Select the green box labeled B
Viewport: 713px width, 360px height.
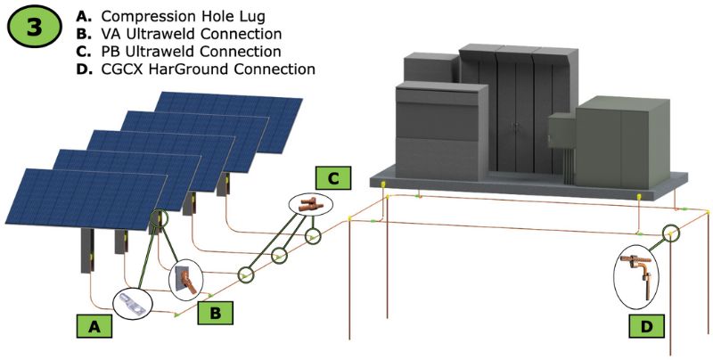(217, 311)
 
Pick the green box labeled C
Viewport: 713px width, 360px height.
(332, 178)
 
